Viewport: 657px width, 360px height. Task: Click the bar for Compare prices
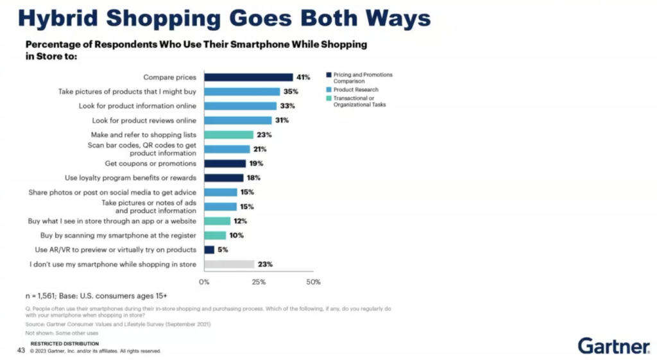click(x=248, y=77)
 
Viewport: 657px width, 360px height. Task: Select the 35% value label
click(x=291, y=92)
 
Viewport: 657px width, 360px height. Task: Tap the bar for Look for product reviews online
click(x=237, y=120)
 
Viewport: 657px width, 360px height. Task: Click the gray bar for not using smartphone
click(x=229, y=264)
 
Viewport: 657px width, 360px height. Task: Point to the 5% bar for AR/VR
click(x=209, y=250)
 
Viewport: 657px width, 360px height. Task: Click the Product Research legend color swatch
click(x=328, y=90)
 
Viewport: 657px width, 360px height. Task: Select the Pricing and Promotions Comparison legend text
click(x=363, y=78)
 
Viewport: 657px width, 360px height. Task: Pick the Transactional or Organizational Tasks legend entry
click(x=359, y=101)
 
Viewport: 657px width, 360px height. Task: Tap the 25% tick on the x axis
click(x=259, y=282)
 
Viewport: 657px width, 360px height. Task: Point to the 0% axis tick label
click(x=205, y=282)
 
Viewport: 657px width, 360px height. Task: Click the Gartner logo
click(x=613, y=346)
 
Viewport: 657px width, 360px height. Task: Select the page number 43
click(x=21, y=350)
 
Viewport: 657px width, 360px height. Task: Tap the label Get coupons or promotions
click(x=151, y=164)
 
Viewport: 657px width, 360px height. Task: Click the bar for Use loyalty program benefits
click(x=224, y=178)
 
